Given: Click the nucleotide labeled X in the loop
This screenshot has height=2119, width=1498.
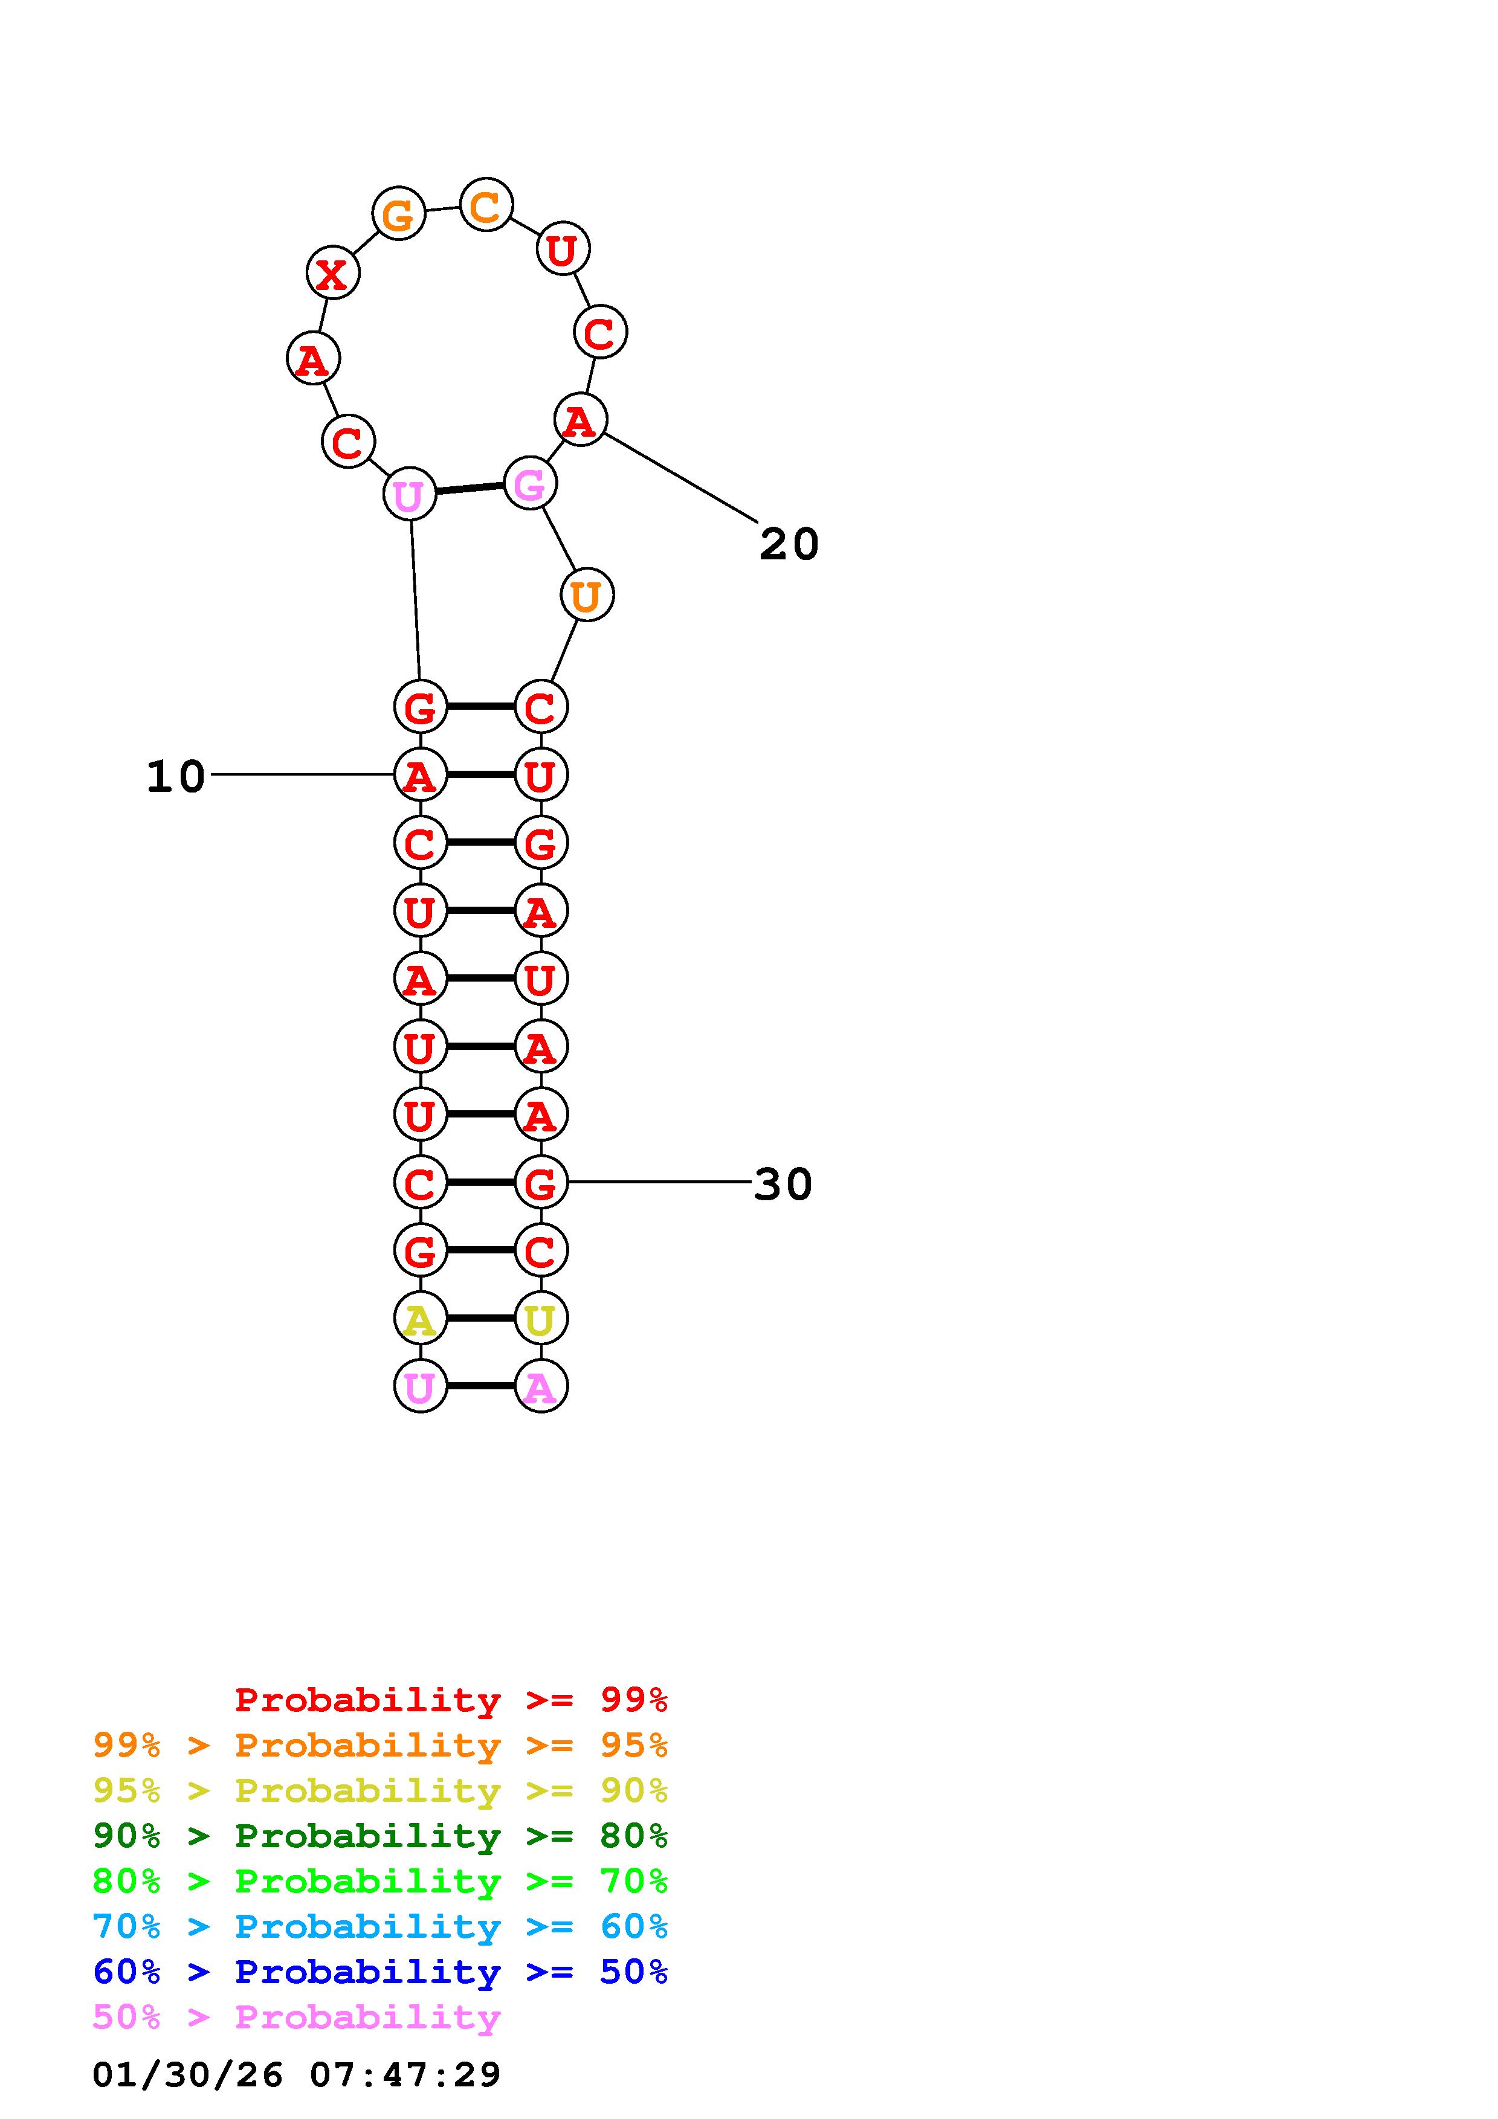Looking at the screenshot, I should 332,273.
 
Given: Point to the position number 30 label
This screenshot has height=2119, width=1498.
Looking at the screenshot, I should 783,1184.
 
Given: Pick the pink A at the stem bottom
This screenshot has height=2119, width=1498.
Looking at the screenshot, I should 541,1386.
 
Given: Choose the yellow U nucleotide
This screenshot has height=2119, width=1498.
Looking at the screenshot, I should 541,1319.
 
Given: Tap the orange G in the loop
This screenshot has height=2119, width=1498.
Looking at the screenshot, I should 398,214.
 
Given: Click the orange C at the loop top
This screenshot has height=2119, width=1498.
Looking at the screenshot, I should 485,205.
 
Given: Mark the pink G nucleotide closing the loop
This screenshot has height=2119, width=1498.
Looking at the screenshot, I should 530,484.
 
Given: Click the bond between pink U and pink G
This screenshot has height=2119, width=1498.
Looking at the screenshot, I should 470,488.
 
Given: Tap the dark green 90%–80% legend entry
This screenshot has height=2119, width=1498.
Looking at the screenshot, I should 380,1836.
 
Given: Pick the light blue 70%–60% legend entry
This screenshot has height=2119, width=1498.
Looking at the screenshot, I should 380,1926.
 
